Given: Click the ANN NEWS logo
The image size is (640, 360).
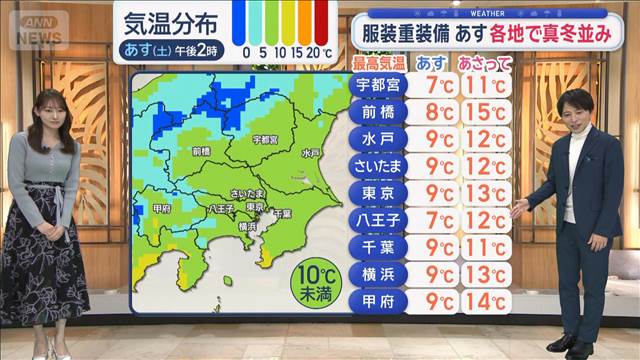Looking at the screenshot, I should [x=36, y=27].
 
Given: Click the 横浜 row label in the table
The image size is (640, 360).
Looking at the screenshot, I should [x=379, y=273].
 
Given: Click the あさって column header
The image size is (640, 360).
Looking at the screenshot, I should [x=484, y=63].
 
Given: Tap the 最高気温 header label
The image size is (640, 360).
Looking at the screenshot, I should [x=378, y=63].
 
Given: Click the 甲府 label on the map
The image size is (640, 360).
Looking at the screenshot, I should [x=162, y=208].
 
